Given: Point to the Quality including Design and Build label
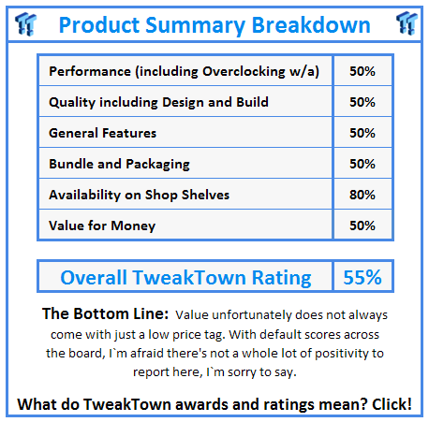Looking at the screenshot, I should tap(158, 102).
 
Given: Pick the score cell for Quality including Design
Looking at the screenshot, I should tap(362, 102).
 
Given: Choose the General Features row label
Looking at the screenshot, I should tap(103, 133).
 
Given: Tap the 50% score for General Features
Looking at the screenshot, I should tap(362, 133).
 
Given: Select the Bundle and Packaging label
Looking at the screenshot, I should tap(119, 164).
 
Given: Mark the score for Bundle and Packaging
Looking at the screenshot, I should tap(362, 164).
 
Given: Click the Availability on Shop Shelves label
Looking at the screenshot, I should tap(139, 195).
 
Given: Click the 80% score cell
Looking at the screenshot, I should tap(362, 195).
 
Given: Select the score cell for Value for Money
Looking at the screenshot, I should tap(362, 226).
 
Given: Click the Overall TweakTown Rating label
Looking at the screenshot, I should tap(185, 277).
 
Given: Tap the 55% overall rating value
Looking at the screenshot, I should tap(362, 277).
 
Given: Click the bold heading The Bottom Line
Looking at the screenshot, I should tap(105, 313).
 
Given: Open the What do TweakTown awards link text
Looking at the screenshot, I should tap(187, 403).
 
